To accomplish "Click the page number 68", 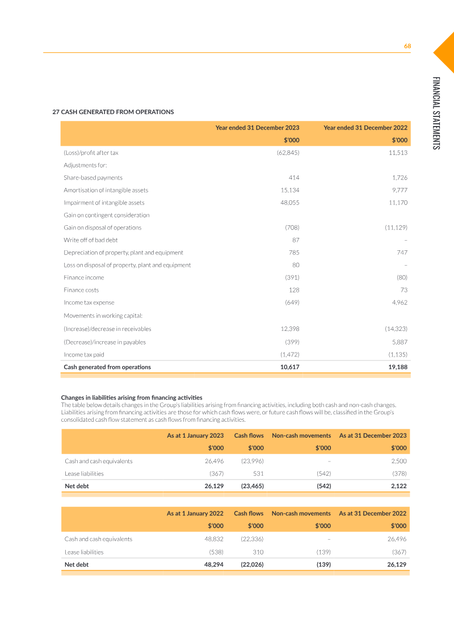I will coord(407,46).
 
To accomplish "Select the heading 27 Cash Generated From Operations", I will coord(113,112).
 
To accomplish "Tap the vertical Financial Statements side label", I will coord(436,113).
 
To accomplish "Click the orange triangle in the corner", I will coord(445,52).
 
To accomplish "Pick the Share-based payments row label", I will coord(93,178).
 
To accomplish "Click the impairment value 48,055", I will coord(290,203).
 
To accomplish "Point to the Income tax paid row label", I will coord(83,355).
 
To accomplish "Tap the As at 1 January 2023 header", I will coord(195,435).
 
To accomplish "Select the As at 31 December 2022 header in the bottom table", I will coord(372,513).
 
